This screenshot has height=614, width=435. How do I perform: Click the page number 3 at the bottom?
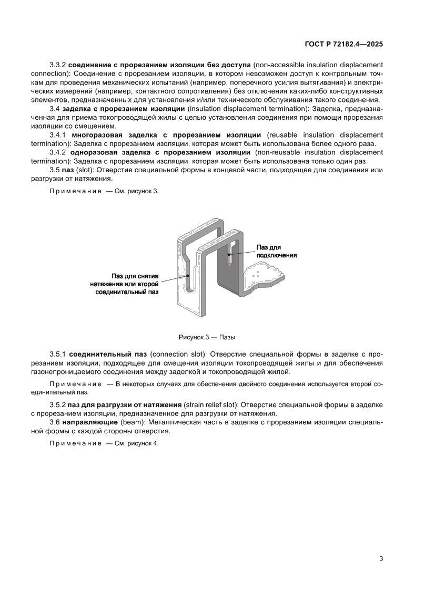coord(381,558)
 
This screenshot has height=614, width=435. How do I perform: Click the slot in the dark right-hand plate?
coord(230,252)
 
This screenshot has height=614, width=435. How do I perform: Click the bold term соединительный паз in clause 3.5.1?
coord(108,355)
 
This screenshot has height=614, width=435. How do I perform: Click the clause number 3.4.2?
coord(57,152)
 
